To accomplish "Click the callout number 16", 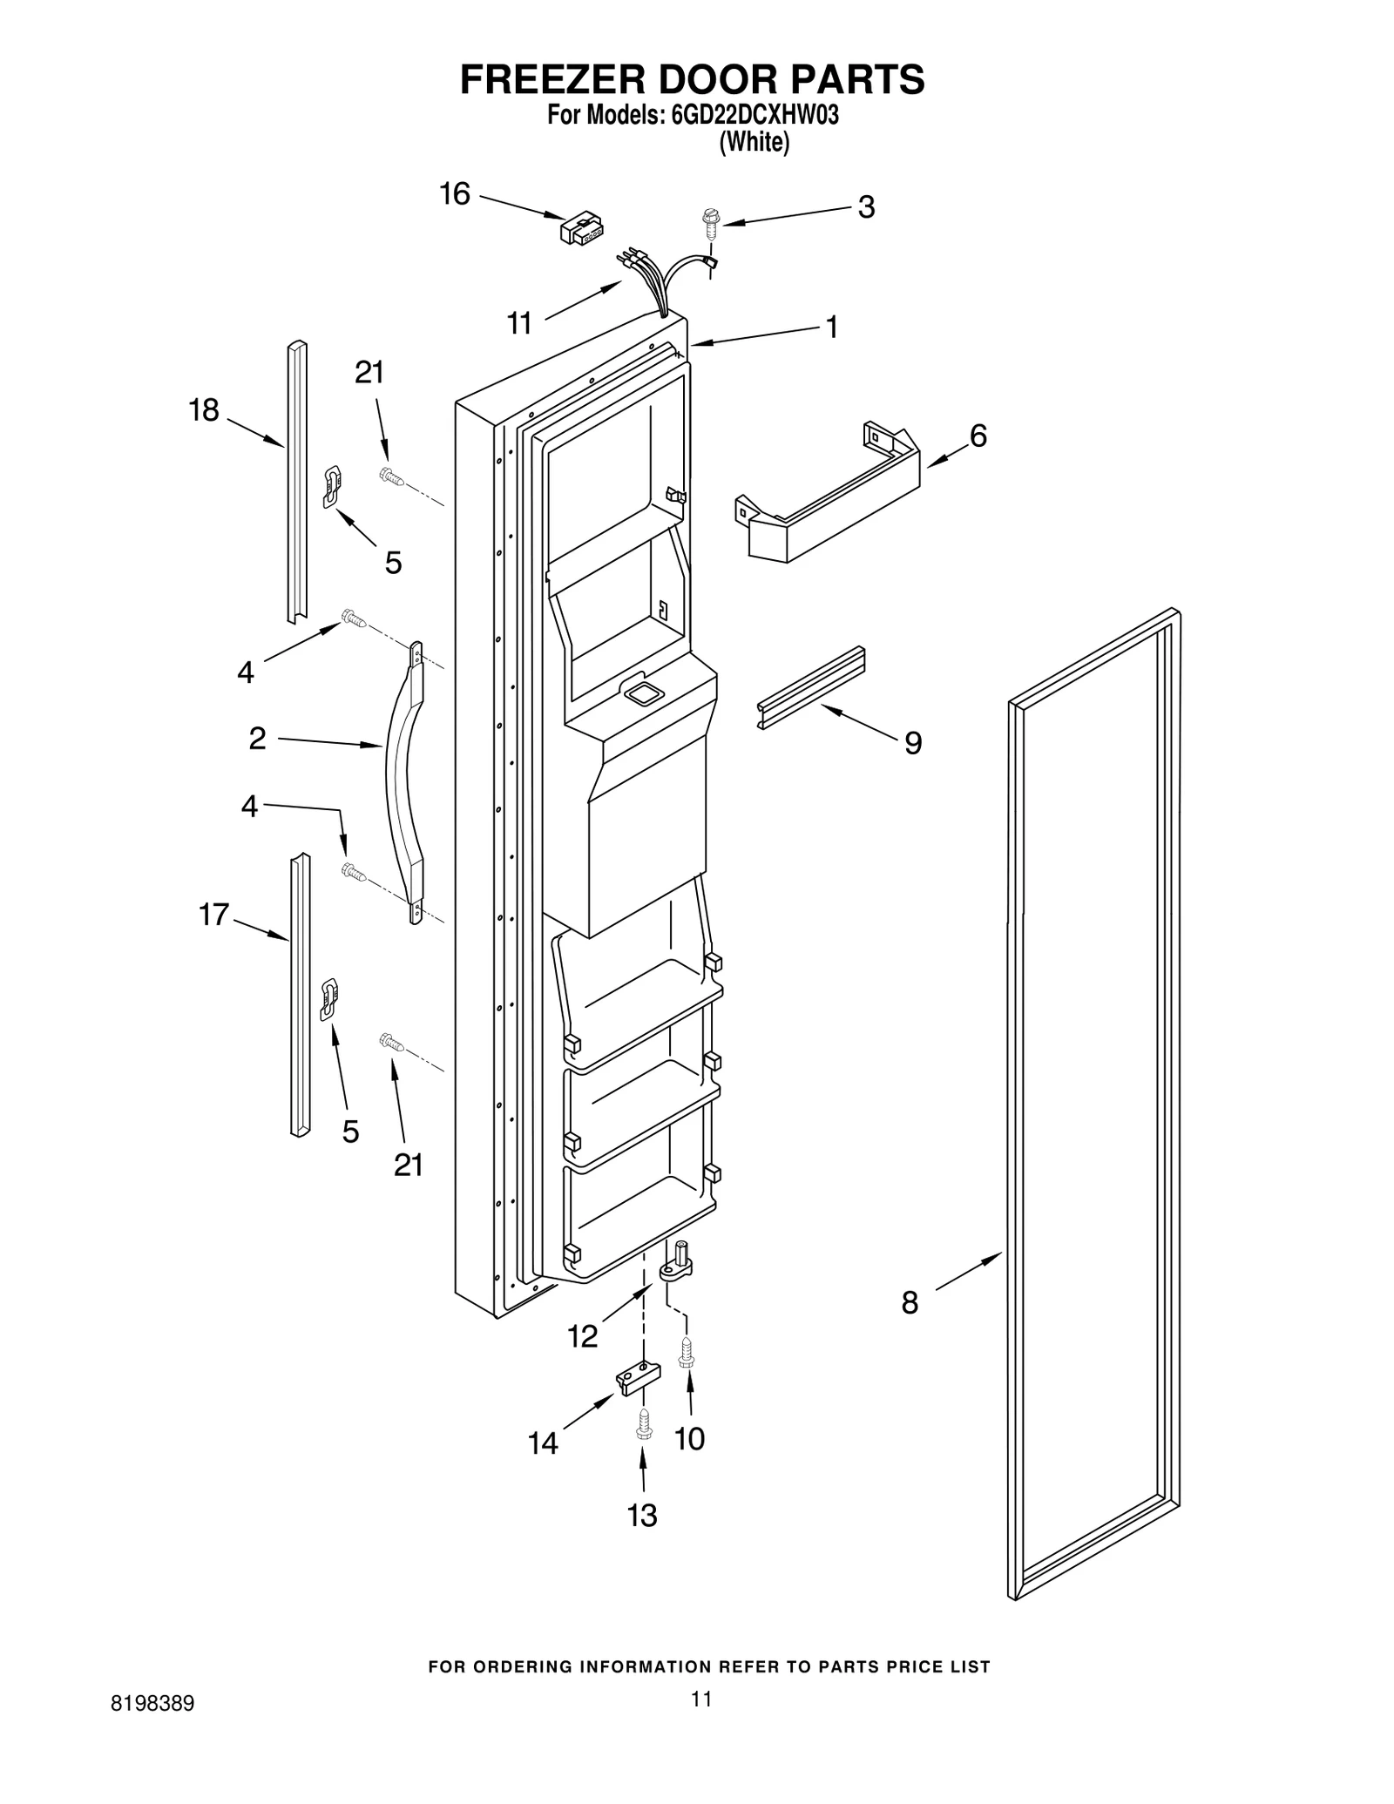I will tap(455, 194).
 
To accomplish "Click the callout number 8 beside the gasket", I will tap(910, 1328).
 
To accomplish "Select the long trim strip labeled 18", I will tap(297, 481).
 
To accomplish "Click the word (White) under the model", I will tap(754, 143).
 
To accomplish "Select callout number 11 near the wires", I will tap(520, 324).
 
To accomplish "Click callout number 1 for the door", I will tap(831, 328).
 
